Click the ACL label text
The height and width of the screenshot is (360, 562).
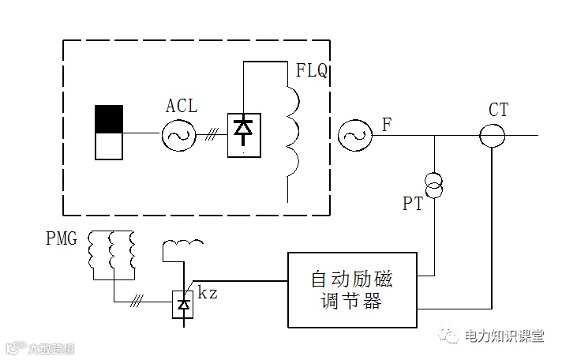click(182, 107)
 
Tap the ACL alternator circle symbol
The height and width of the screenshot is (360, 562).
click(179, 136)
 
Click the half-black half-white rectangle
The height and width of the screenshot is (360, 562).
click(110, 132)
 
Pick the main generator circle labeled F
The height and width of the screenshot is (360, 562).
click(354, 136)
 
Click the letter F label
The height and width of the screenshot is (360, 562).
click(386, 124)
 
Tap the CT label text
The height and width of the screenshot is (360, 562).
click(498, 110)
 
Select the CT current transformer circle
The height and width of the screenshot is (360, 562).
click(493, 136)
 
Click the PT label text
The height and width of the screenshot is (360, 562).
click(413, 204)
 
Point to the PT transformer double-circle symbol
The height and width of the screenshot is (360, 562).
click(434, 184)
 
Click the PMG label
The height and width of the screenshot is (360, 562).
click(62, 238)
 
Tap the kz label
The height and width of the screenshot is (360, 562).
click(208, 294)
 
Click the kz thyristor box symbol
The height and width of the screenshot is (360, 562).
click(184, 304)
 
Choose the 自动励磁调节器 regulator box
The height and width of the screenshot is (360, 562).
click(351, 290)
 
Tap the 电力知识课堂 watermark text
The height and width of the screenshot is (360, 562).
click(503, 337)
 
